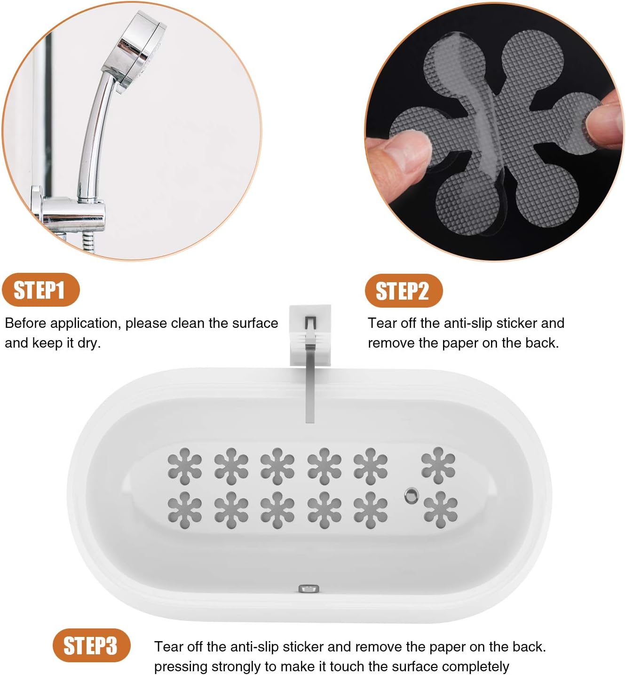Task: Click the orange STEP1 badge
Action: pyautogui.click(x=40, y=290)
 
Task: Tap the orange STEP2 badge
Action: pyautogui.click(x=403, y=291)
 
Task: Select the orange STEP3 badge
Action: pyautogui.click(x=90, y=645)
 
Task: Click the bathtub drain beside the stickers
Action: pyautogui.click(x=412, y=495)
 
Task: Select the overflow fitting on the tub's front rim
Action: pyautogui.click(x=309, y=588)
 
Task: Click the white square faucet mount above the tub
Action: pyautogui.click(x=310, y=329)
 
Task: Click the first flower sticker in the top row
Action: pyautogui.click(x=185, y=466)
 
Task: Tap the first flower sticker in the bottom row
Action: pyautogui.click(x=185, y=510)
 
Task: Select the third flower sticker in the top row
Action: pyautogui.click(x=277, y=466)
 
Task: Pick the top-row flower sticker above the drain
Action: pyautogui.click(x=438, y=465)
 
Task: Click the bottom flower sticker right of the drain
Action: pyautogui.click(x=440, y=509)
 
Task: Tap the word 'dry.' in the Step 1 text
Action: pyautogui.click(x=89, y=343)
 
